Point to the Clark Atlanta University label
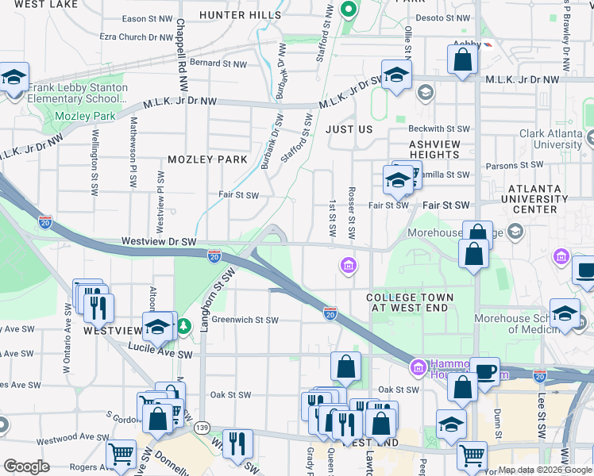pos(550,140)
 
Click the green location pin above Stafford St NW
pos(347,10)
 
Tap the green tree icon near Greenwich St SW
pos(184,326)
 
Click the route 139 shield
pos(203,427)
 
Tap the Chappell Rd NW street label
pos(181,44)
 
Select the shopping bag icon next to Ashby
pos(462,59)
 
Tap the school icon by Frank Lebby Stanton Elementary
pos(14,78)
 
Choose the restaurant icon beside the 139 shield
pos(237,443)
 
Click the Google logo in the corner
pos(26,466)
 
